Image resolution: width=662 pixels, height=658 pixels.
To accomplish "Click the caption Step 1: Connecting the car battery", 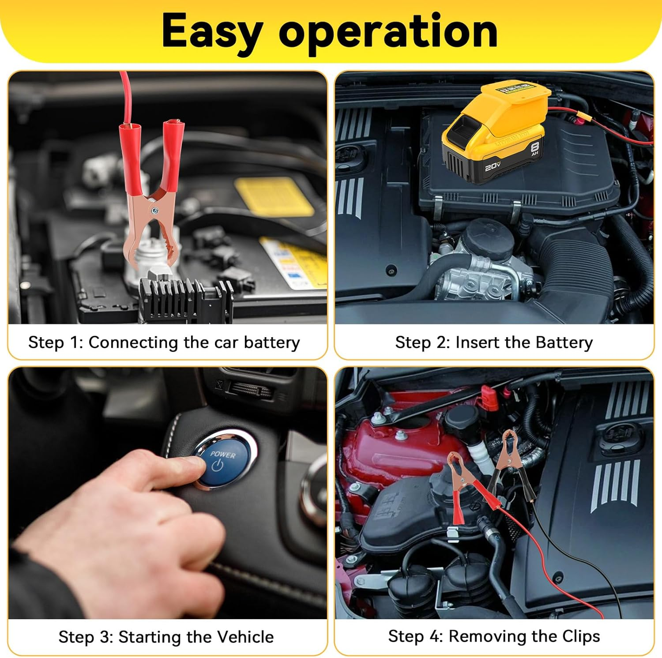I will point(164,342).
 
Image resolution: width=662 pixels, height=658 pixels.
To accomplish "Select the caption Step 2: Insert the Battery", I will point(494,342).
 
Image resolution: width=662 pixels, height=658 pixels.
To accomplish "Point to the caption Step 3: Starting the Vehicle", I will point(166,637).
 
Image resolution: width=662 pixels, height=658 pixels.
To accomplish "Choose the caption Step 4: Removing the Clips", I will point(494,636).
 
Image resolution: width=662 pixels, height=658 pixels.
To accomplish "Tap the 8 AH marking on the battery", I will point(535,148).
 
